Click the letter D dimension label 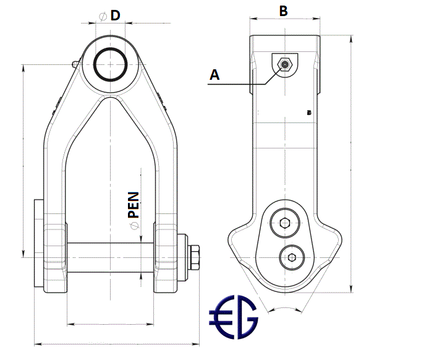coord(115,15)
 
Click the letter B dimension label coord(284,11)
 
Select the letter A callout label coord(214,75)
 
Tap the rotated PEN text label coord(134,204)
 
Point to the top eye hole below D coord(111,63)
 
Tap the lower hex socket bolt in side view coord(291,257)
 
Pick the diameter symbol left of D coord(103,16)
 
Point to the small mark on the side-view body coord(308,113)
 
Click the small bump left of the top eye coord(75,63)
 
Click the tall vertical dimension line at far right coord(351,161)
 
